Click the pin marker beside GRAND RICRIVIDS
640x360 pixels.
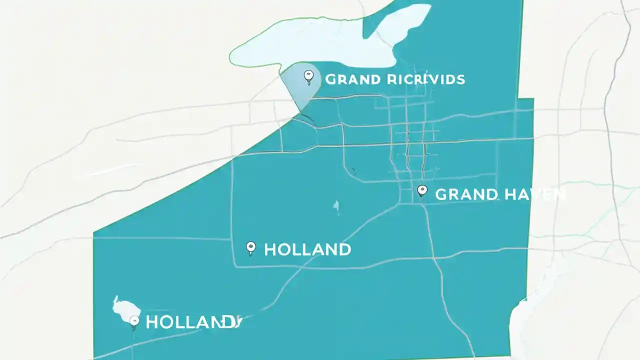308,76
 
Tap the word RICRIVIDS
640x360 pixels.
426,79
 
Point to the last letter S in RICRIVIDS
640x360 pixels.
460,79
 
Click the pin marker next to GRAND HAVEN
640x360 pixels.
422,190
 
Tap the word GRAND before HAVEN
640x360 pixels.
466,194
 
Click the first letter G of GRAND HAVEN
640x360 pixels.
441,194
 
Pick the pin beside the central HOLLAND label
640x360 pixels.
251,247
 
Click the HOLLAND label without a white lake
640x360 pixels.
307,249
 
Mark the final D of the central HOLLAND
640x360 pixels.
344,249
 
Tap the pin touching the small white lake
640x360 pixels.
133,321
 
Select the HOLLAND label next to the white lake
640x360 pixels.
193,322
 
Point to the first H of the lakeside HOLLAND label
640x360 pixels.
151,322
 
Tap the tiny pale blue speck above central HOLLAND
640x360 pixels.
336,206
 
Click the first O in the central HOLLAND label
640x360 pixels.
283,249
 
